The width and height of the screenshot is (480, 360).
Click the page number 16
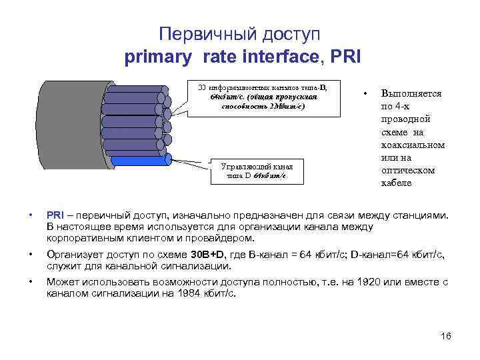(x=446, y=335)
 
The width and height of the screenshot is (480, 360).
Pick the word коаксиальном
(x=413, y=145)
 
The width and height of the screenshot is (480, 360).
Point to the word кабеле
(x=396, y=183)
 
